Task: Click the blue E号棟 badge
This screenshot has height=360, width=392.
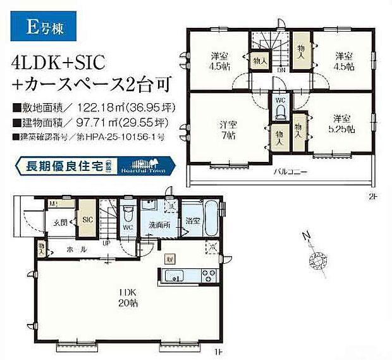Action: coord(44,27)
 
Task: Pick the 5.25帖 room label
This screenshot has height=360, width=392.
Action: coord(342,123)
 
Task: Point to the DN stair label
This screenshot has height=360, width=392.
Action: coord(281,70)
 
